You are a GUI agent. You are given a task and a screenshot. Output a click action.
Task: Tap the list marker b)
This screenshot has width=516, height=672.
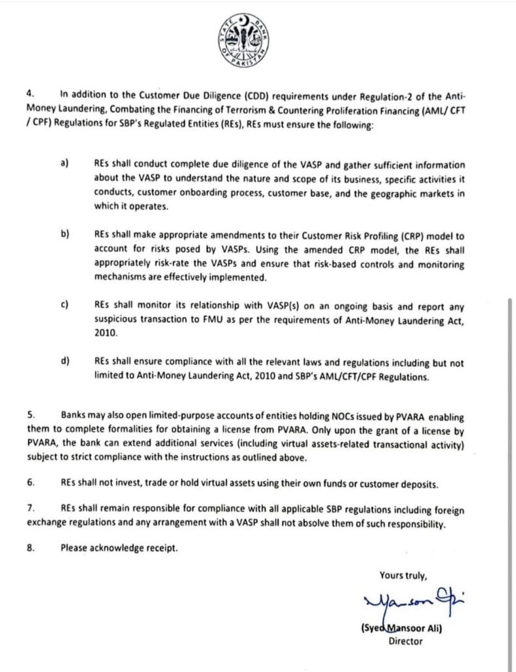[x=65, y=234]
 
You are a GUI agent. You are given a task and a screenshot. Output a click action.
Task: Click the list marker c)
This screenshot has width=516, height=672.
[x=65, y=304]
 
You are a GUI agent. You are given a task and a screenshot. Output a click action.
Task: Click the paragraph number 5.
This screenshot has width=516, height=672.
[x=30, y=415]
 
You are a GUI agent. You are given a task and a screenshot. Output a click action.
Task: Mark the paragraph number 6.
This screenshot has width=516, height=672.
[x=30, y=482]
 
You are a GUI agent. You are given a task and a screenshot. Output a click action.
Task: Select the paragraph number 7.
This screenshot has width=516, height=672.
[x=30, y=509]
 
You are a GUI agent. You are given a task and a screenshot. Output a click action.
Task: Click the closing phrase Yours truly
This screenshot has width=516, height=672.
[x=403, y=576]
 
